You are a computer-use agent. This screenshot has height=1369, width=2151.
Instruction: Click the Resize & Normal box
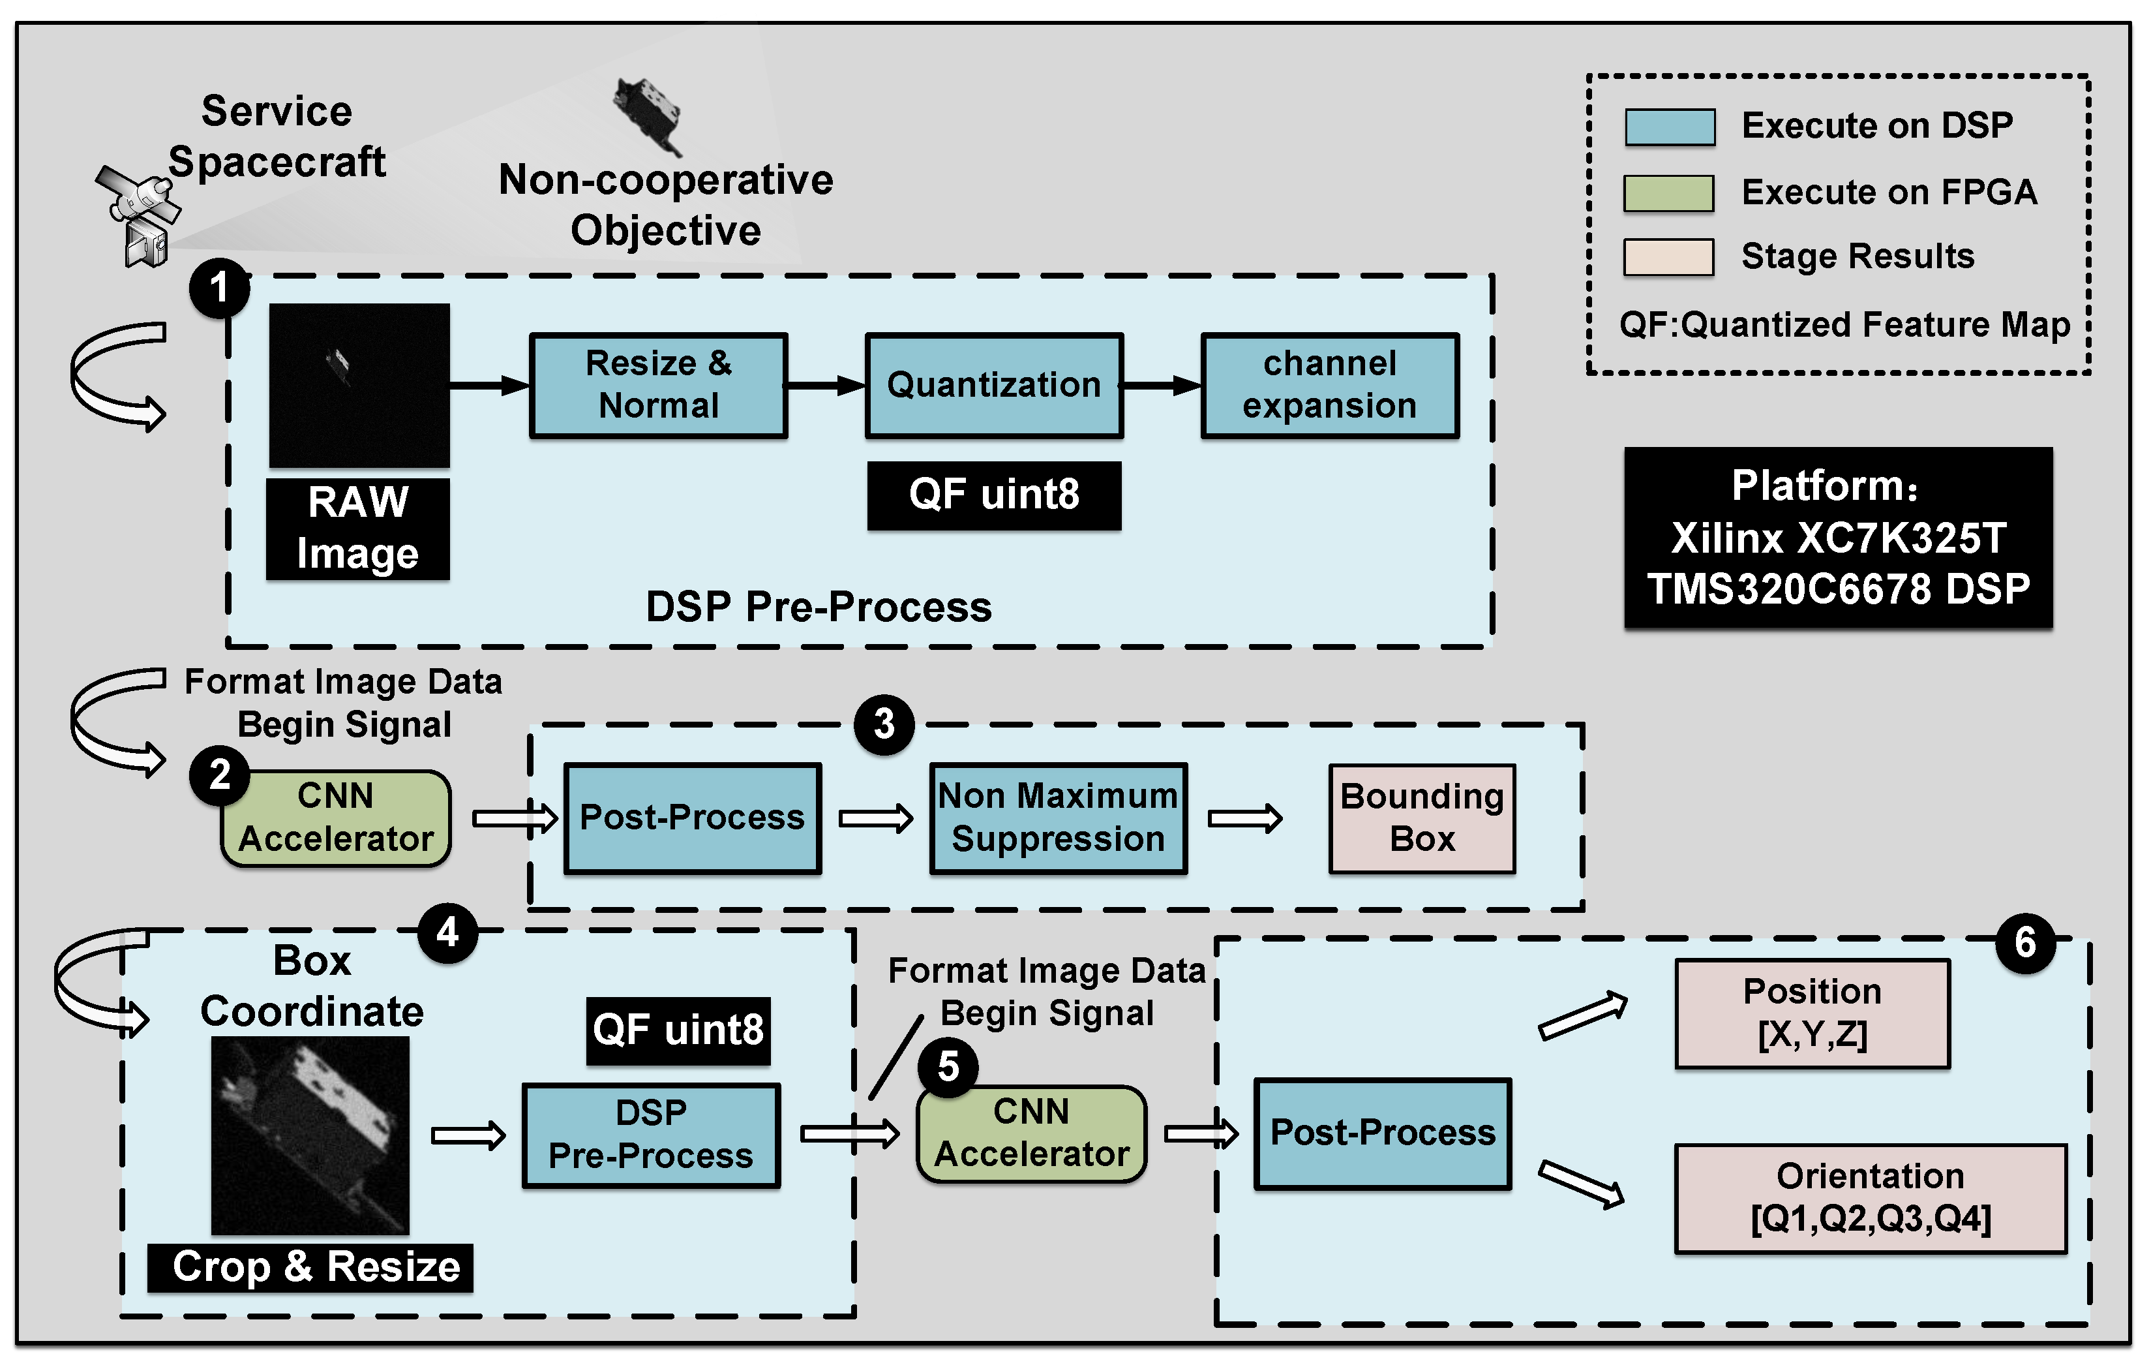point(658,385)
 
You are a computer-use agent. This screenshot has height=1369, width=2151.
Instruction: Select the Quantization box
point(993,385)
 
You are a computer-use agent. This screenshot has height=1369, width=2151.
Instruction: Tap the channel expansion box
point(1329,385)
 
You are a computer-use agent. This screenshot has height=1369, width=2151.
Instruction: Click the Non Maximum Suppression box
point(1058,818)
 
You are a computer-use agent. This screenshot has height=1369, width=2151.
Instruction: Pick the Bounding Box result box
point(1421,818)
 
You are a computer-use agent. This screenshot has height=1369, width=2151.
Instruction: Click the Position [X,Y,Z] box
point(1812,1013)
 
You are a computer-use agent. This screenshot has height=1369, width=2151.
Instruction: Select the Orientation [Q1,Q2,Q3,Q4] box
point(1870,1198)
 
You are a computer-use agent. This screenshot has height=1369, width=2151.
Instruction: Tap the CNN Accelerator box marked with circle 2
point(336,818)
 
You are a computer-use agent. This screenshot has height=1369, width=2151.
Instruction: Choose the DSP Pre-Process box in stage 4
point(650,1135)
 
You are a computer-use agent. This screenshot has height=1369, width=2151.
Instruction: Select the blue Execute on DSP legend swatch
point(1668,127)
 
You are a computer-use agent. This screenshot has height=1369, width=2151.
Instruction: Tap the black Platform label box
point(1837,537)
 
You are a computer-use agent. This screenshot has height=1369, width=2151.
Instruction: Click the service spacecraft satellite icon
point(138,215)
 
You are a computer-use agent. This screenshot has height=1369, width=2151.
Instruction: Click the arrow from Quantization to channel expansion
point(1161,385)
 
